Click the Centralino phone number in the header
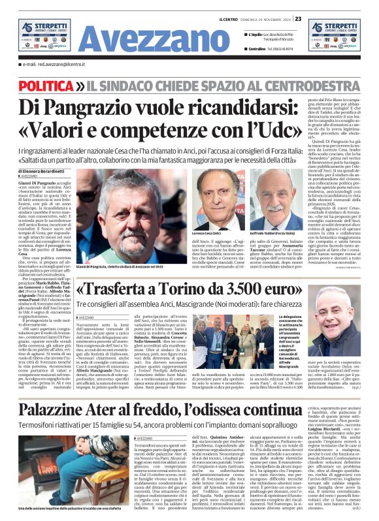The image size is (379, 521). [282, 48]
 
